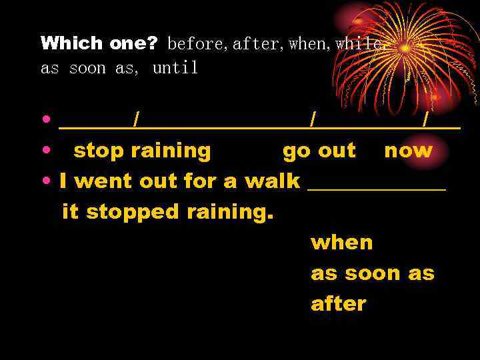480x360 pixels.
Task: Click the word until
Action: click(175, 68)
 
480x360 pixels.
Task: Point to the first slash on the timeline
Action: click(136, 120)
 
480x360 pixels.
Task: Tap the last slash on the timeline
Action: click(425, 120)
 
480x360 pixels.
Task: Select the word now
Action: click(408, 151)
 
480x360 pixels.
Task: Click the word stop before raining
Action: click(99, 151)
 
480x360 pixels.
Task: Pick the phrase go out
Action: click(319, 151)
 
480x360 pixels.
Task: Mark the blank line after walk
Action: click(376, 189)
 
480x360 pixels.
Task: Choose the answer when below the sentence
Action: click(341, 243)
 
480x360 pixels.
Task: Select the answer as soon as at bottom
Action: click(372, 273)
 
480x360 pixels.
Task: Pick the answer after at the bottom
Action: click(338, 304)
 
